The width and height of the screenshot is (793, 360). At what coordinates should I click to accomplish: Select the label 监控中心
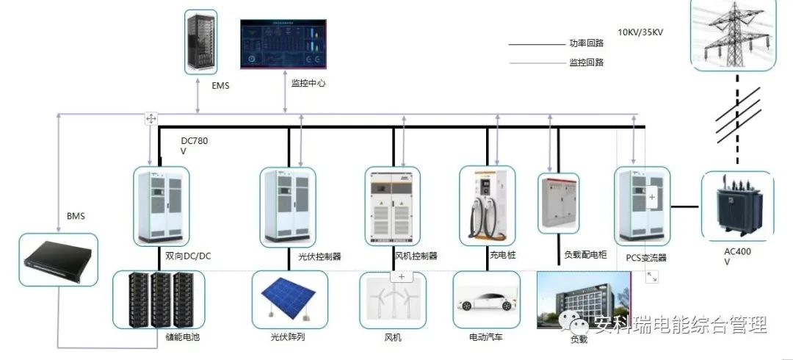click(x=303, y=84)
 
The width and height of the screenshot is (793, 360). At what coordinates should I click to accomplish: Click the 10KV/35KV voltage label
click(x=640, y=32)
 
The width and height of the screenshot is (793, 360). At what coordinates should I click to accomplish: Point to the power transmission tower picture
click(x=734, y=35)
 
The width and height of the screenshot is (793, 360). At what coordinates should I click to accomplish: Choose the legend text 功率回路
click(x=586, y=43)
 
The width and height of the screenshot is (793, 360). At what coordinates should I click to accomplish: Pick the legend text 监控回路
click(x=586, y=62)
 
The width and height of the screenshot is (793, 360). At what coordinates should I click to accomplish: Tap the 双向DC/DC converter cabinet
click(x=162, y=206)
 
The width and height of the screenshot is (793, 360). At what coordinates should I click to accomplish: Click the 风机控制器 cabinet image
click(x=393, y=206)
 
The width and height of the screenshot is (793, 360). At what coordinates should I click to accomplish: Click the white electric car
click(x=486, y=302)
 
